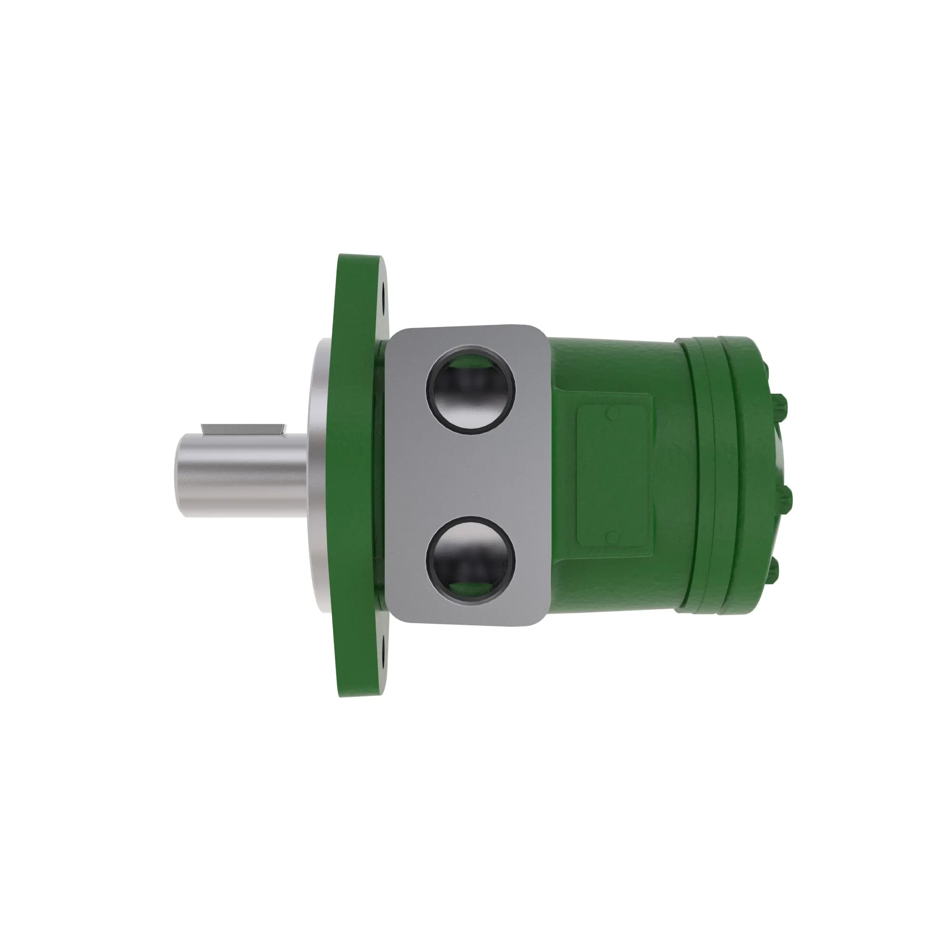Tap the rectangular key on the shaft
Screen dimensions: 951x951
243,428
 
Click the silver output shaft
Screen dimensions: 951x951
241,475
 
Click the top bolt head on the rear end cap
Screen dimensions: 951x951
783,405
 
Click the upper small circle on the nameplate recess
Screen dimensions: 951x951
612,414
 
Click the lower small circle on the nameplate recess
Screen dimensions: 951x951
612,536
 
